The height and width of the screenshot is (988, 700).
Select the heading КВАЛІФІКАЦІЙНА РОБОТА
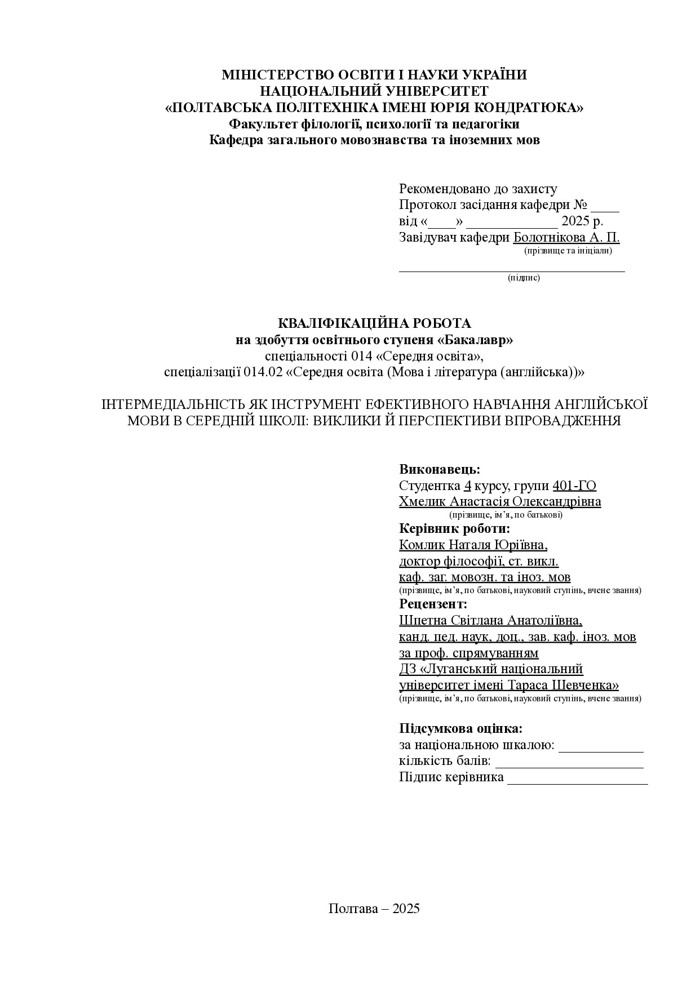pyautogui.click(x=374, y=323)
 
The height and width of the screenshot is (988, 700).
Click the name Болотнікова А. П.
pyautogui.click(x=566, y=237)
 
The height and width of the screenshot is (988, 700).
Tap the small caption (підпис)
pyautogui.click(x=524, y=278)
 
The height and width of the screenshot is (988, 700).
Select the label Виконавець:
pyautogui.click(x=440, y=470)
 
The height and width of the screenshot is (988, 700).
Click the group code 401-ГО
pyautogui.click(x=574, y=486)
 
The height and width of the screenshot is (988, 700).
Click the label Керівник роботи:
pyautogui.click(x=454, y=529)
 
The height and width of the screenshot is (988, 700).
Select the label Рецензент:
pyautogui.click(x=433, y=604)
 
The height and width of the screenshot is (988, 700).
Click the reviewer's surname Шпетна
pyautogui.click(x=422, y=621)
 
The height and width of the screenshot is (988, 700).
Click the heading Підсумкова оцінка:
pyautogui.click(x=460, y=729)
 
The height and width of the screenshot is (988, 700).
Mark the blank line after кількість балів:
pyautogui.click(x=569, y=766)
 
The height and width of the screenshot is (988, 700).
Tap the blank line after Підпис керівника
pyautogui.click(x=577, y=782)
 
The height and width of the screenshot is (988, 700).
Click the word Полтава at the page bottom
pyautogui.click(x=353, y=909)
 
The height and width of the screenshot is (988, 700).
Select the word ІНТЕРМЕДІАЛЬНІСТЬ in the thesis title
pyautogui.click(x=172, y=405)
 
